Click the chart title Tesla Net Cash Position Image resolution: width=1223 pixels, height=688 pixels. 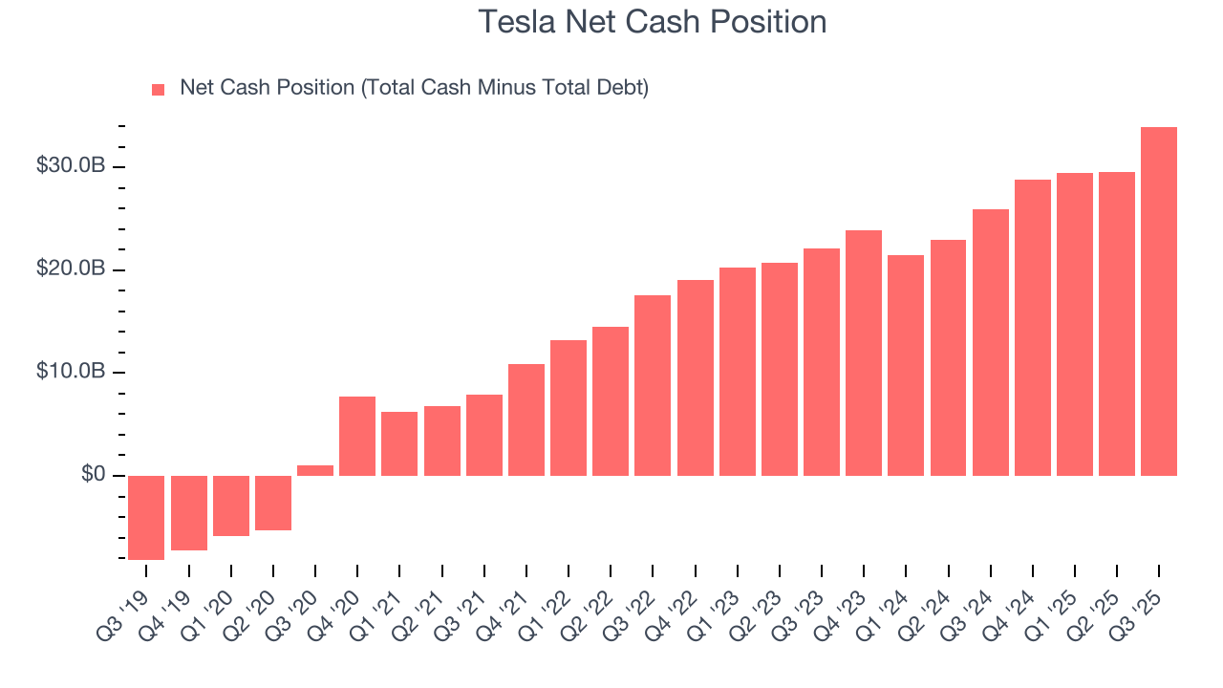pyautogui.click(x=652, y=21)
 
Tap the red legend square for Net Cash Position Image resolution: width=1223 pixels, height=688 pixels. pyautogui.click(x=159, y=89)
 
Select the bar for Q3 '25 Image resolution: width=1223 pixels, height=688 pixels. pyautogui.click(x=1158, y=301)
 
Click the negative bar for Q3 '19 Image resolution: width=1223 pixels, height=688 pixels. pyautogui.click(x=146, y=517)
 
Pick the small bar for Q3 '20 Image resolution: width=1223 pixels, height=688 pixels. pyautogui.click(x=315, y=470)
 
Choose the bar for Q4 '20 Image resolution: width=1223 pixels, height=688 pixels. pyautogui.click(x=357, y=436)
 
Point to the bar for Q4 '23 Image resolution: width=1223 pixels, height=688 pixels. pyautogui.click(x=863, y=353)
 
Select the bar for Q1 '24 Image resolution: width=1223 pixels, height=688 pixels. pyautogui.click(x=906, y=365)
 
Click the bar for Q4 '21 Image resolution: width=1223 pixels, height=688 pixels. pyautogui.click(x=526, y=419)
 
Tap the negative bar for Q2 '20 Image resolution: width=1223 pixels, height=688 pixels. pyautogui.click(x=273, y=503)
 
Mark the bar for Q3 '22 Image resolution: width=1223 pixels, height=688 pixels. pyautogui.click(x=653, y=385)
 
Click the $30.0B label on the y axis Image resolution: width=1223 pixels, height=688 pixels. pyautogui.click(x=70, y=165)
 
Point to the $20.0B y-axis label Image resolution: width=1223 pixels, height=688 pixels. pyautogui.click(x=70, y=269)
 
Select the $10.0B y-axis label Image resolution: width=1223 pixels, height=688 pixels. pyautogui.click(x=70, y=371)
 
